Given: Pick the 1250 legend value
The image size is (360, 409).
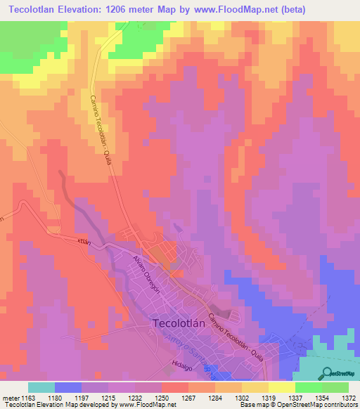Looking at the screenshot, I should click(162, 398).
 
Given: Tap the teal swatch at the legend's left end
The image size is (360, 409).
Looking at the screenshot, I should click(41, 387).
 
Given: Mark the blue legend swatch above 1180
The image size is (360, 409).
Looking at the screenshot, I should click(68, 387).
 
